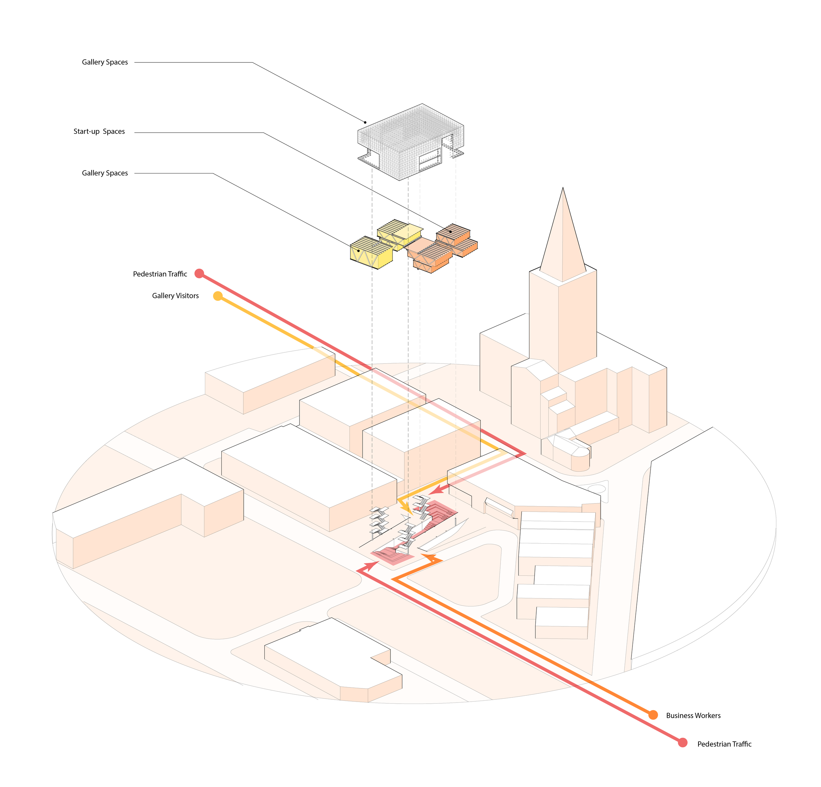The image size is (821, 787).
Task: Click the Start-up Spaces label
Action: [99, 132]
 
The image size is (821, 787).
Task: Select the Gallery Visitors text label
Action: [175, 296]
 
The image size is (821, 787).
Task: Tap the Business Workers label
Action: [693, 715]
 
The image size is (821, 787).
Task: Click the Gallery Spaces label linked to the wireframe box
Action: [105, 62]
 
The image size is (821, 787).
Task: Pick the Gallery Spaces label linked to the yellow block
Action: [105, 173]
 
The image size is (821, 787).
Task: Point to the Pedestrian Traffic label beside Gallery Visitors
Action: [160, 274]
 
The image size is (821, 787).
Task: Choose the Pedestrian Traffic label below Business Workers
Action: [724, 744]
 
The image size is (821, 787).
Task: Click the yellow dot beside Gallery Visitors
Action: [218, 296]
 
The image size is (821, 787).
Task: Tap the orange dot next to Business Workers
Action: [653, 715]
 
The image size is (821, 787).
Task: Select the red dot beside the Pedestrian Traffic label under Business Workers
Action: [682, 743]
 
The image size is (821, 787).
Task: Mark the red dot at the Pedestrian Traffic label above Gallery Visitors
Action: [199, 274]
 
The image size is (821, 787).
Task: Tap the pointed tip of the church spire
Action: [563, 188]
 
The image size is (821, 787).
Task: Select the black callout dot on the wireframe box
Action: [365, 123]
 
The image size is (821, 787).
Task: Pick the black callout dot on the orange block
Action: [450, 231]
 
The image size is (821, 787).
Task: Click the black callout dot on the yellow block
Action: [358, 251]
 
